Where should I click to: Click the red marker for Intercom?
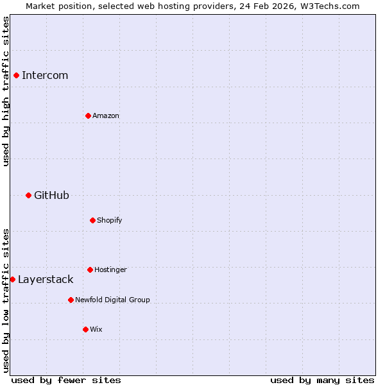pos(16,75)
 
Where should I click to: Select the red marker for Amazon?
pos(88,116)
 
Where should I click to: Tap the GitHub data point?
pos(28,195)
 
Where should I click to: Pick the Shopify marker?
pos(92,220)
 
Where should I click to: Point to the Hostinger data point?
pos(90,269)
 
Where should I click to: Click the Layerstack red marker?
pos(12,279)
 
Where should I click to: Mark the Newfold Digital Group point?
pos(71,300)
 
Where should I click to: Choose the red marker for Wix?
pos(85,329)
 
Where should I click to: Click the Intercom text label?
pos(45,75)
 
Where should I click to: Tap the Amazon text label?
pos(106,116)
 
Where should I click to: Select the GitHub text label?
pos(51,195)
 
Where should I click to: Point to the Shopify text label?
pos(110,220)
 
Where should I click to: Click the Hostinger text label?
pos(110,269)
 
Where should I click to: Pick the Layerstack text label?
pos(46,279)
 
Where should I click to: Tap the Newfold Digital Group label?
pos(112,300)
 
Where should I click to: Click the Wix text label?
pos(96,329)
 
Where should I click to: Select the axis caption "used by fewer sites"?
pos(66,380)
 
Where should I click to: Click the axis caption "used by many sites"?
pos(322,380)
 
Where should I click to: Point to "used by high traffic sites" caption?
pos(6,91)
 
